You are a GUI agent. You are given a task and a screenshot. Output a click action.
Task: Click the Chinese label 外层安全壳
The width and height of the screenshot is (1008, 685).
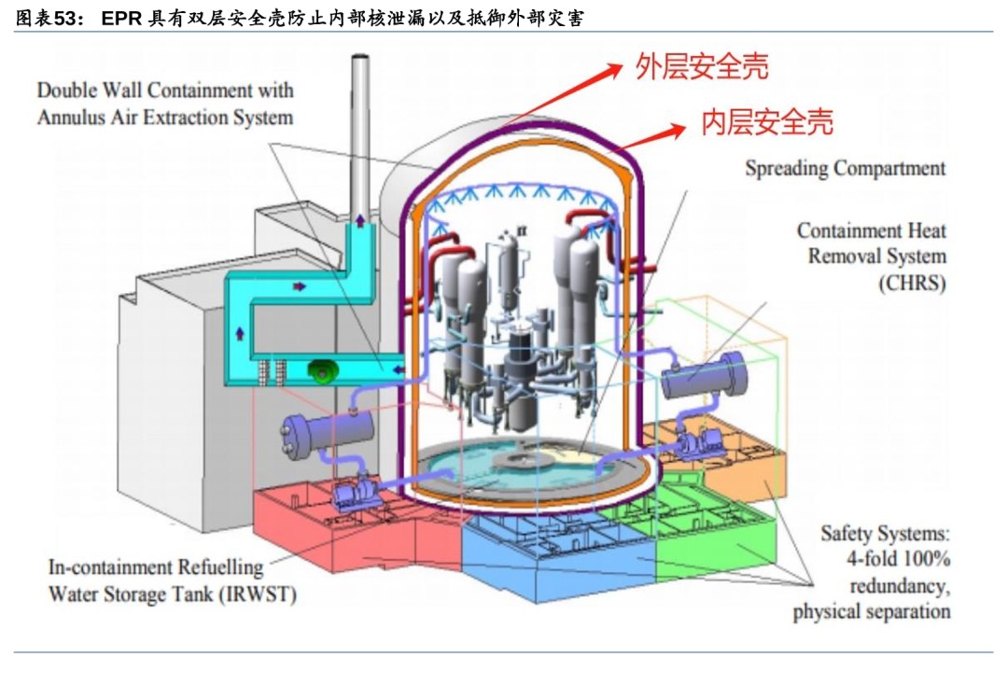click(701, 67)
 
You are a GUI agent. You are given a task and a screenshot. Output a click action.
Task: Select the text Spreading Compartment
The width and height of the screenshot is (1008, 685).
click(845, 169)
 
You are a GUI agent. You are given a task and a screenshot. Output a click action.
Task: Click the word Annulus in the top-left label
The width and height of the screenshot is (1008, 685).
click(74, 118)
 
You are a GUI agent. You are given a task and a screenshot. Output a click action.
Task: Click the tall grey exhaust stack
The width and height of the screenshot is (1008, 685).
click(360, 131)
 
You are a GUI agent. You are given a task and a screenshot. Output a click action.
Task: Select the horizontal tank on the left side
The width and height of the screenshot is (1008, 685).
click(329, 433)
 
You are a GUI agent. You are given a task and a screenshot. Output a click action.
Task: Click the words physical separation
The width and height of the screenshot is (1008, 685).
click(872, 612)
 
